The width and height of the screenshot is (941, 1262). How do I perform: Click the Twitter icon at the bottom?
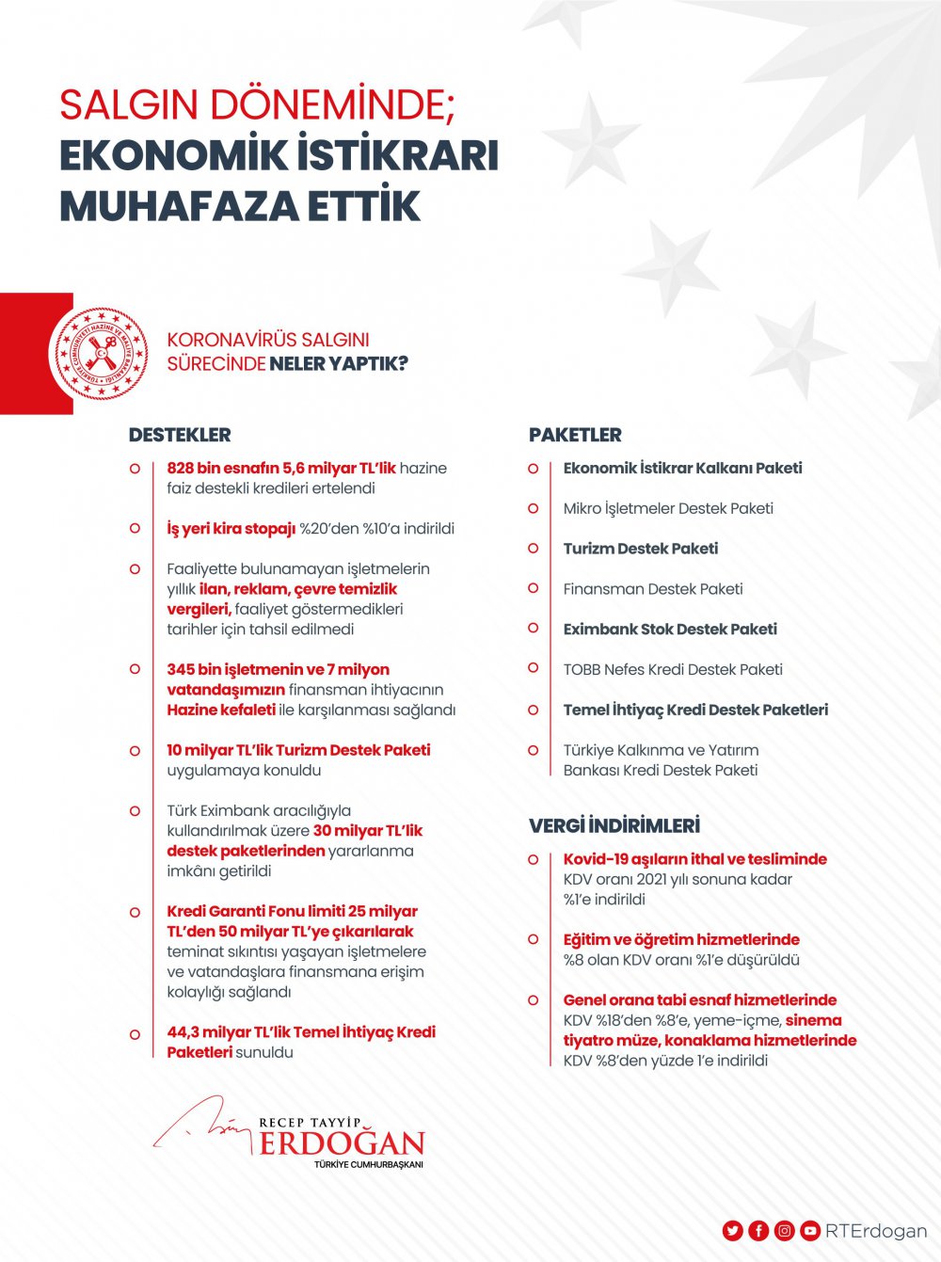[733, 1231]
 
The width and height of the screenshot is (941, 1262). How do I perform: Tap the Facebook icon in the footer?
[758, 1231]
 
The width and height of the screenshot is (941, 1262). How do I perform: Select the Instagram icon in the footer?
[784, 1231]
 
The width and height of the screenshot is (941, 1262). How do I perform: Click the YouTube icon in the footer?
[809, 1231]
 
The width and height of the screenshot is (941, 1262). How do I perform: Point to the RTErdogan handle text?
[876, 1231]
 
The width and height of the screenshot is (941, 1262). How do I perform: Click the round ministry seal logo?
[100, 354]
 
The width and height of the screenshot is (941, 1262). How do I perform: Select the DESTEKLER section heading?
[180, 435]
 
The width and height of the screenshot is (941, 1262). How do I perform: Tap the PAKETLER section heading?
[575, 435]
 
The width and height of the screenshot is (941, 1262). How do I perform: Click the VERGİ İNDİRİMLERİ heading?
[614, 825]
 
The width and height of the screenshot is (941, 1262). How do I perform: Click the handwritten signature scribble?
[202, 1125]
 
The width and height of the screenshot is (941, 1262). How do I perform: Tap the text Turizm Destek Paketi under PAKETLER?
[640, 549]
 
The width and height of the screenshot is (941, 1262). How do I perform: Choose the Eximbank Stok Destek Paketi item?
[670, 629]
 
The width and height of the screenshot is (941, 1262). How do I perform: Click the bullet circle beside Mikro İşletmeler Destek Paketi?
[534, 508]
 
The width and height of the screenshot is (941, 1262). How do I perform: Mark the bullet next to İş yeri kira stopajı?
[135, 529]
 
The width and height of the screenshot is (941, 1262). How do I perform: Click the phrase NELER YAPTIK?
[339, 363]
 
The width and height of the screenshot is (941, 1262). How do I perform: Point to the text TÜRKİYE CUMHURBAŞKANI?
[369, 1165]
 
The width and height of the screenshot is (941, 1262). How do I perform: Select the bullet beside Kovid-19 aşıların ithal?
[534, 859]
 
